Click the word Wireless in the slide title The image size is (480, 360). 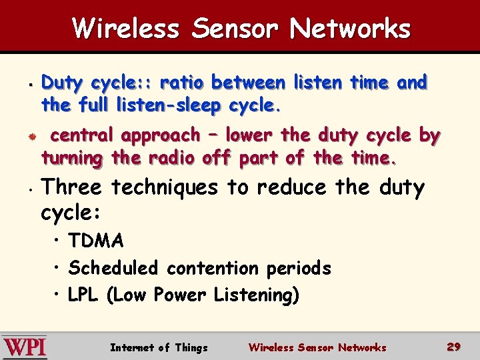127,29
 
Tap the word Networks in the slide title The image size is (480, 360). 351,29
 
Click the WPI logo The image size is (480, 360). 25,347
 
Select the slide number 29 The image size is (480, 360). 454,347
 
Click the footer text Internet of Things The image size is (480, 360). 159,347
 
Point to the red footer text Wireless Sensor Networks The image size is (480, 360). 317,347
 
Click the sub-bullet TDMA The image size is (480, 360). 96,241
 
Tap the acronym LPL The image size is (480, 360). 83,295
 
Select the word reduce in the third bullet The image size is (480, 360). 291,188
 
